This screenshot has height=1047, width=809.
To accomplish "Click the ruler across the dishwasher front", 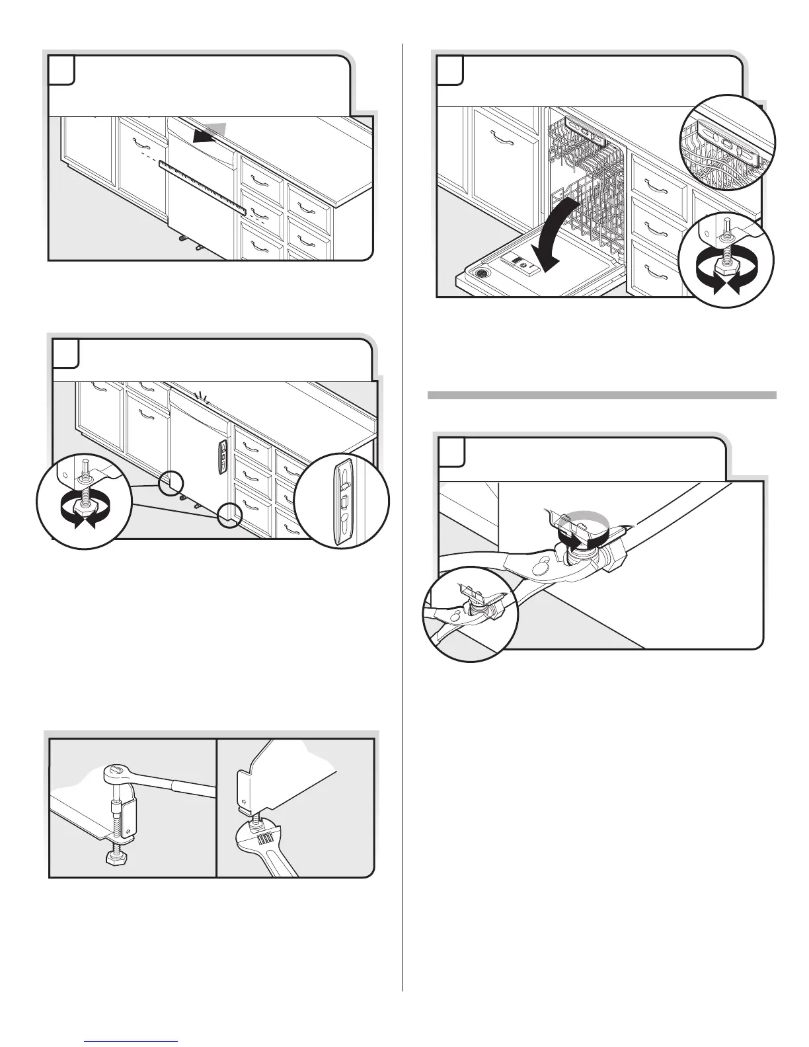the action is point(202,189).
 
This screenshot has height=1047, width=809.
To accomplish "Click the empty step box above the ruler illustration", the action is point(61,70).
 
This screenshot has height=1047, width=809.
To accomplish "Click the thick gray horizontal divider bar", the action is point(601,395).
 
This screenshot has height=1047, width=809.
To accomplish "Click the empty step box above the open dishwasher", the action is point(449,70).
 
